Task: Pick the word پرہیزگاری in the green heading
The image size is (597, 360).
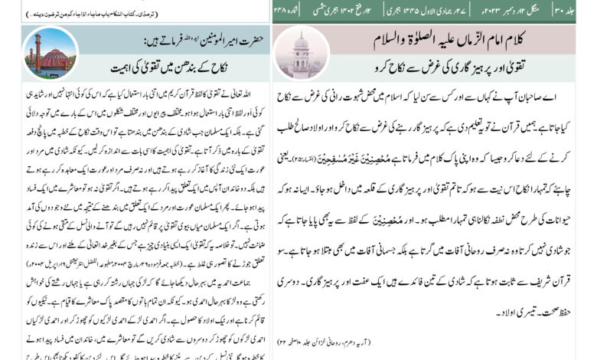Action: pyautogui.click(x=436, y=67)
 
